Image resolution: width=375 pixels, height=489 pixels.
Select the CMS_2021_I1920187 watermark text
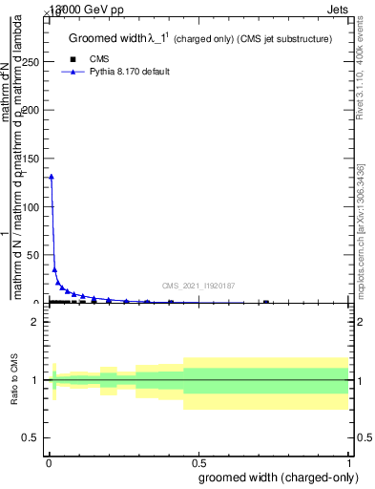click(198, 285)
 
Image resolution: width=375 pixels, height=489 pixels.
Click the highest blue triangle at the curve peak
click(52, 177)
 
